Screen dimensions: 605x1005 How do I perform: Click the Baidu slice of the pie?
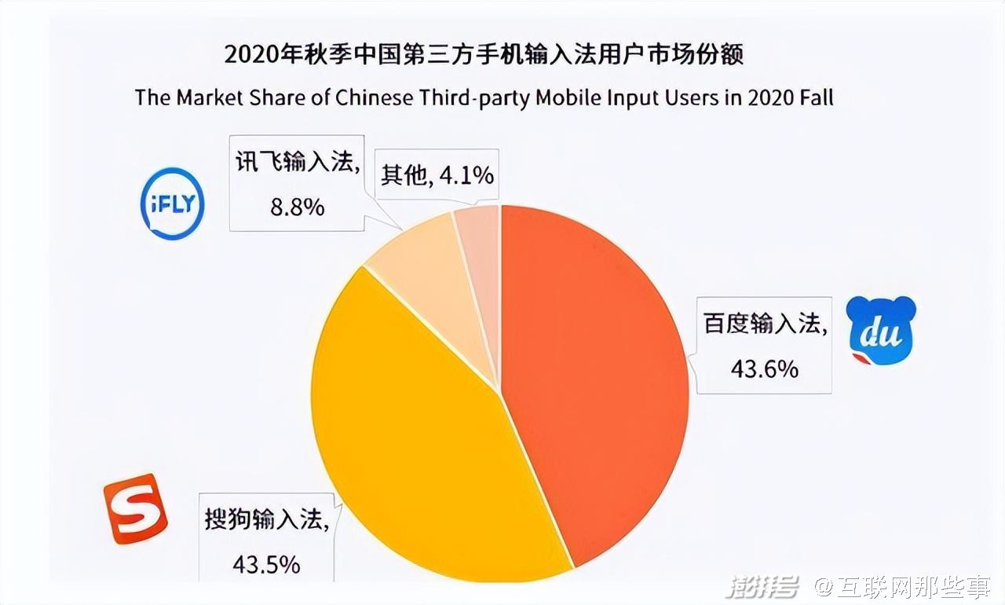(597, 377)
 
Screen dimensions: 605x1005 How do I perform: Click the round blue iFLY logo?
(172, 203)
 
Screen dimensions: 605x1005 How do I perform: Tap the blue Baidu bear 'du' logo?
(881, 331)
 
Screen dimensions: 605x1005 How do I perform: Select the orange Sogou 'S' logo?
(136, 508)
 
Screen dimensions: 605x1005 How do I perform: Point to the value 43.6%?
(764, 368)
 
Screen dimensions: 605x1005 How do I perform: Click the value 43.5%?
(265, 563)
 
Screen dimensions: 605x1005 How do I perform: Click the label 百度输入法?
(764, 324)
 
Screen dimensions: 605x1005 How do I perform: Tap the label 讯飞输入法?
(298, 163)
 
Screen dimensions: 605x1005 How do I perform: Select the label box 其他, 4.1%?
(437, 174)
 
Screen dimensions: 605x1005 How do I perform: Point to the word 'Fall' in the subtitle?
(815, 97)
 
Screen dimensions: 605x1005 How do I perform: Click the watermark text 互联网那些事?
(912, 585)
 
